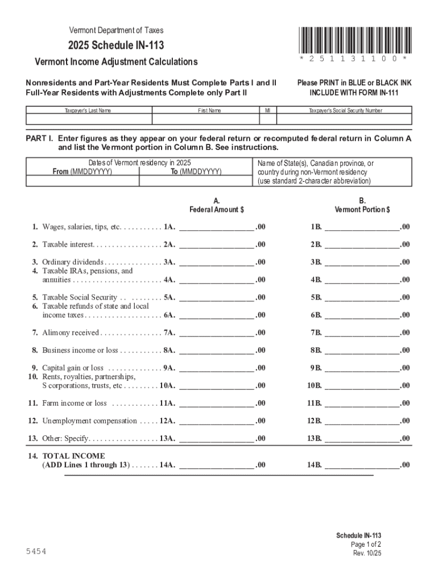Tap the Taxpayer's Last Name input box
(88, 119)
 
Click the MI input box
(267, 119)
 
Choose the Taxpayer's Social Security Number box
(345, 119)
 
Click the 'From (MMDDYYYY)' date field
(82, 180)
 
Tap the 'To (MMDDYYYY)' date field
(196, 180)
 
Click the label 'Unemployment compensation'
(89, 421)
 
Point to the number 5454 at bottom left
(36, 552)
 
